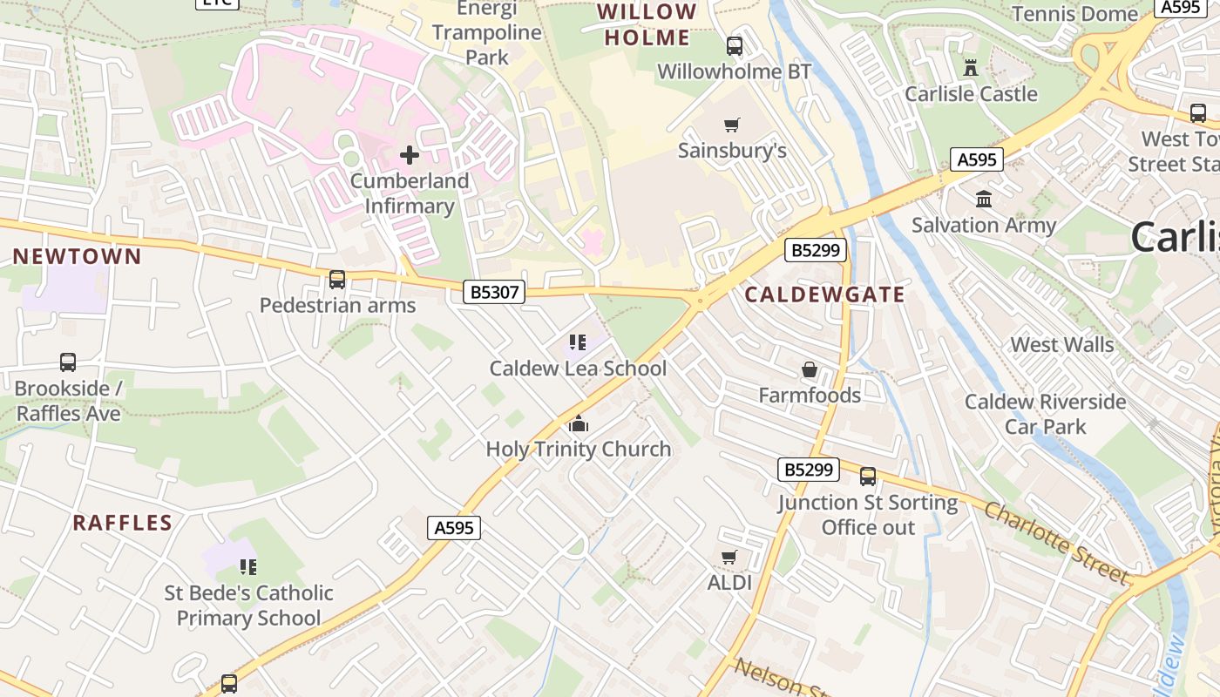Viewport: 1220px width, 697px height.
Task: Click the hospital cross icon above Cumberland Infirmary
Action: [410, 156]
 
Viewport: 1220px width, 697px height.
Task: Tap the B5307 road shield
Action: [494, 292]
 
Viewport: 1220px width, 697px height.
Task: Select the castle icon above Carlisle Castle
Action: [971, 68]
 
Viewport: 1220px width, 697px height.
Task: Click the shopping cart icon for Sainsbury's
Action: [732, 125]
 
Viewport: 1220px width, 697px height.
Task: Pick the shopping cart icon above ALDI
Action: [729, 557]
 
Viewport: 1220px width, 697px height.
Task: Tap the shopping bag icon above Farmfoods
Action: [810, 370]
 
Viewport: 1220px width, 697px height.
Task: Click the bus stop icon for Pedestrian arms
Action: [337, 280]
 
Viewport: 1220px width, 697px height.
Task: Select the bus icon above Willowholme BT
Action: [735, 46]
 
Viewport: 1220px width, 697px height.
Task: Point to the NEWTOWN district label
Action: [77, 256]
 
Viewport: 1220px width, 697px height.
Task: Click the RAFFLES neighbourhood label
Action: [122, 523]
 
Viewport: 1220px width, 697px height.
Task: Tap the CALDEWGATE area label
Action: [824, 294]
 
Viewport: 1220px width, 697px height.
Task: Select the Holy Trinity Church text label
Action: [579, 450]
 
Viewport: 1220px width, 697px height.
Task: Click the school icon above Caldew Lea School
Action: [578, 342]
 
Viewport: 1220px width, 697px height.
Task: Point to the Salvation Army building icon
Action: [984, 200]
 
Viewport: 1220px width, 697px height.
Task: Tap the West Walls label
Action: [1061, 345]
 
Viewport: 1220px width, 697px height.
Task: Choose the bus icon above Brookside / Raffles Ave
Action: [68, 362]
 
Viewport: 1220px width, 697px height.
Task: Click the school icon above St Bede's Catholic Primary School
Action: [248, 567]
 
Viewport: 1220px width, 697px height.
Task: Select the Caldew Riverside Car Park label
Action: [1045, 414]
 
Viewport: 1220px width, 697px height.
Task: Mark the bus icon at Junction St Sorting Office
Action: [868, 477]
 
